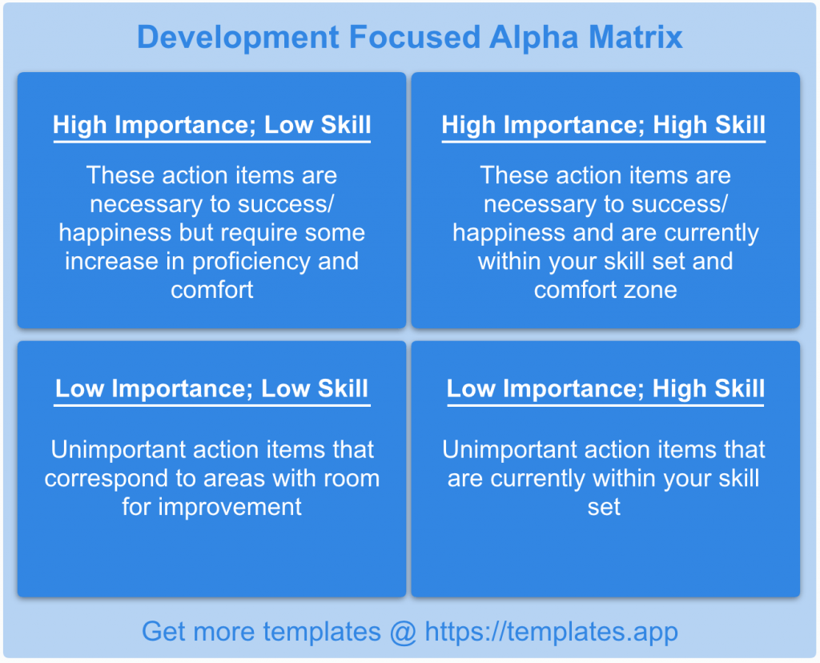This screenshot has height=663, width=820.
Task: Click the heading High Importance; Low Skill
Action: tap(212, 125)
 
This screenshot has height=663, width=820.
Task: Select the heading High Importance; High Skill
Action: tap(604, 125)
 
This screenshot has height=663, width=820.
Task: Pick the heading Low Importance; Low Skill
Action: tap(212, 389)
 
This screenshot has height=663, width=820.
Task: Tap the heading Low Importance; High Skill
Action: tap(605, 389)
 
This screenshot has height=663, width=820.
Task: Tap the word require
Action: tap(277, 233)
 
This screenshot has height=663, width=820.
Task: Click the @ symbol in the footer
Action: tap(402, 632)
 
